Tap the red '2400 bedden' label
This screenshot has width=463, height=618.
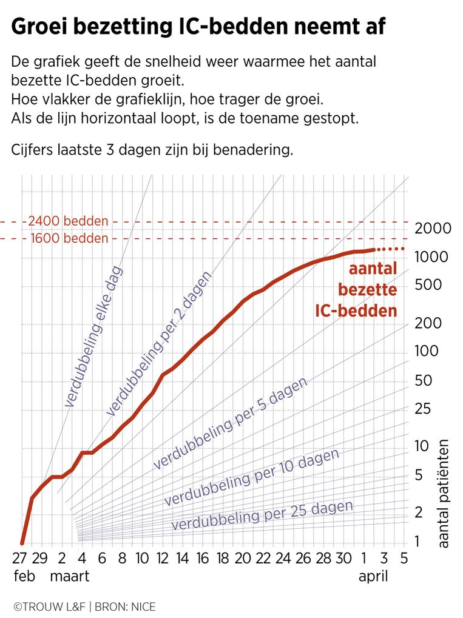point(68,221)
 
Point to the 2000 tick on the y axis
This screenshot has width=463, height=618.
point(432,229)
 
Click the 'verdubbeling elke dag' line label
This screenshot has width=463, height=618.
point(93,336)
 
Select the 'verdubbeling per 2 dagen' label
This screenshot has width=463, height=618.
point(159,344)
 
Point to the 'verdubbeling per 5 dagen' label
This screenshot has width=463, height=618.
point(230,423)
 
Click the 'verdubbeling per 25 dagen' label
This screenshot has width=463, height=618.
point(262,516)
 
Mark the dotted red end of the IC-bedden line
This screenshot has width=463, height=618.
point(390,249)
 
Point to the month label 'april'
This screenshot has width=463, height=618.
point(373,576)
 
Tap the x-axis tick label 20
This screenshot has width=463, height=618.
point(243,558)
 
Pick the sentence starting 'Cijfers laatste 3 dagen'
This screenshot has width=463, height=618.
point(152,150)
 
